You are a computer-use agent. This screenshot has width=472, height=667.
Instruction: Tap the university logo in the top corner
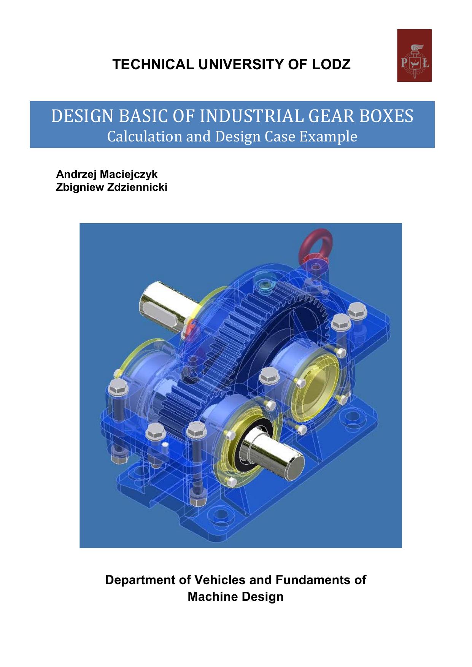[414, 56]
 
